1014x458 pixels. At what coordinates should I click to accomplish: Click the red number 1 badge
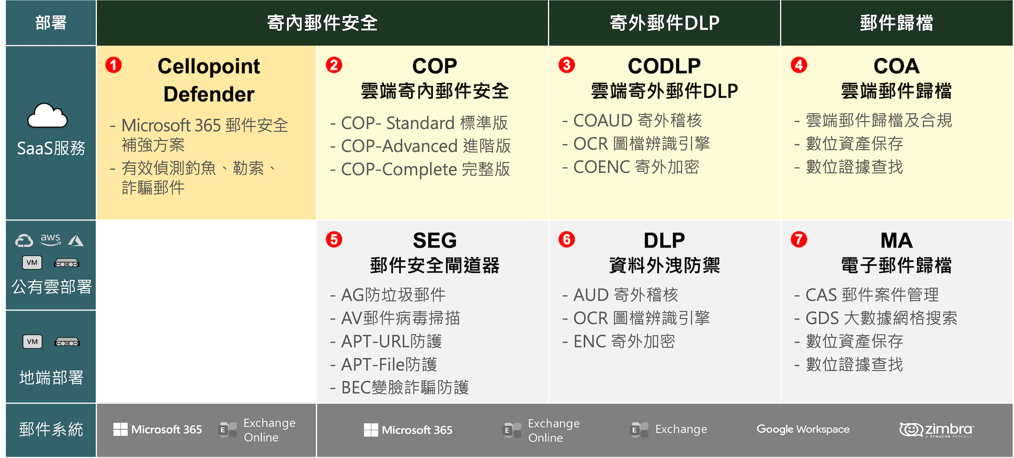[113, 65]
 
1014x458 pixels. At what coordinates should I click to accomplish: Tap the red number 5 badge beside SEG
[334, 239]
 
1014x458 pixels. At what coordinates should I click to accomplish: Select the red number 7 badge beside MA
[799, 239]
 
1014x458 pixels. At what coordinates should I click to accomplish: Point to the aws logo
[51, 239]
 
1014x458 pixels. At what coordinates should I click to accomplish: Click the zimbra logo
[936, 429]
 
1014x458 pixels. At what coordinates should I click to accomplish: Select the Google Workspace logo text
[803, 429]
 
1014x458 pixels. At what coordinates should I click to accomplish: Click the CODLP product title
[664, 66]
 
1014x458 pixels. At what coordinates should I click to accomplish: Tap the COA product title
[896, 66]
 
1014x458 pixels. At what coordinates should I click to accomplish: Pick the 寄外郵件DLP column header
[664, 23]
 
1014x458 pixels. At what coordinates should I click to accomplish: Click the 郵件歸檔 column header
[896, 23]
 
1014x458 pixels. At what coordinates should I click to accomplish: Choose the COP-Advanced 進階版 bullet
[421, 146]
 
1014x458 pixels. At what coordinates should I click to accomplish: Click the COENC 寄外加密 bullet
[631, 167]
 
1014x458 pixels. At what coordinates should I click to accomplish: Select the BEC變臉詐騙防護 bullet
[399, 387]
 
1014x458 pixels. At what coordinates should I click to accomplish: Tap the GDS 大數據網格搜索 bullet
[876, 318]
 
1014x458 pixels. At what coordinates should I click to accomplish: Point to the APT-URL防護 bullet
[386, 341]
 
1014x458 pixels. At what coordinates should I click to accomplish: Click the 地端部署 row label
[51, 378]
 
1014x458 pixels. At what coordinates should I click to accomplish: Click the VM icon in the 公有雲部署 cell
[32, 263]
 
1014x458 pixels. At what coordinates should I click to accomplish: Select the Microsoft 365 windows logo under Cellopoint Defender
[120, 429]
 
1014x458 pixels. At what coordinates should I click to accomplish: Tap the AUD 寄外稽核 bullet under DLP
[620, 295]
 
